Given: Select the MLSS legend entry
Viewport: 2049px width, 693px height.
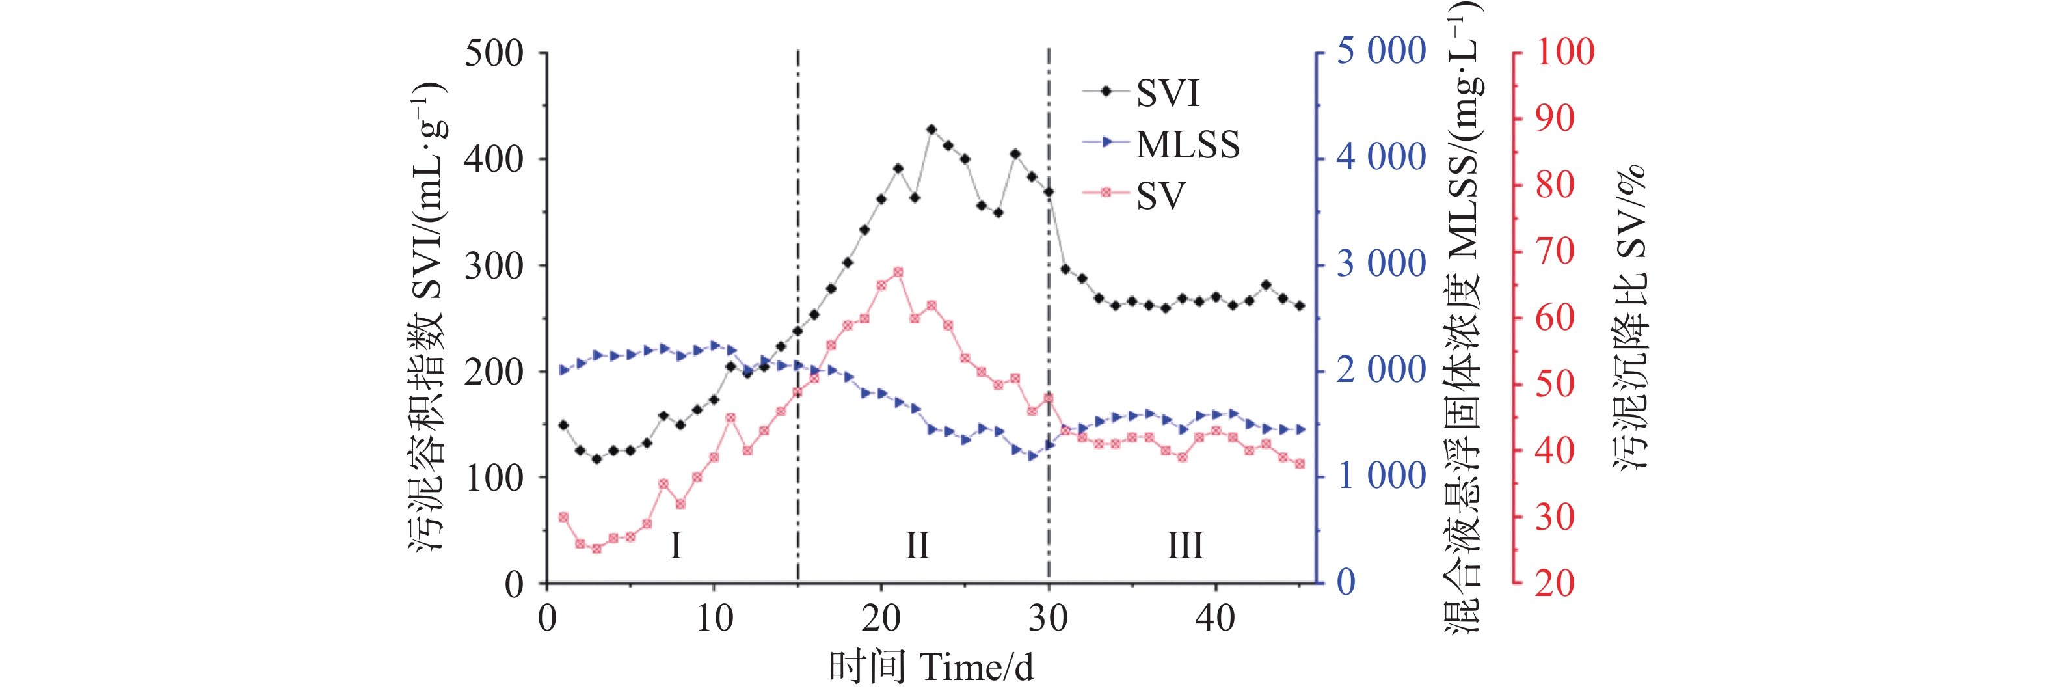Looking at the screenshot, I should tap(1186, 144).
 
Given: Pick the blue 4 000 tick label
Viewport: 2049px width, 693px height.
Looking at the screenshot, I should tap(1381, 157).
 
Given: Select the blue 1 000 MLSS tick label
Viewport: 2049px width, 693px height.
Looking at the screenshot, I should tap(1381, 476).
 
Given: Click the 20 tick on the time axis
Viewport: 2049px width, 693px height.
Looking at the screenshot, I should tap(881, 618).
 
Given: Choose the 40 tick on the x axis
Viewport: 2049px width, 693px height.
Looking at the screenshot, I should tap(1214, 618).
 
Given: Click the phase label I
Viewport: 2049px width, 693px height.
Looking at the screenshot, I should tap(675, 546).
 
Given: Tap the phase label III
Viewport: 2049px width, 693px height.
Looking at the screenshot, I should tap(1185, 546).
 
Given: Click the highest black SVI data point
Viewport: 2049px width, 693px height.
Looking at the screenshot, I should tap(931, 129).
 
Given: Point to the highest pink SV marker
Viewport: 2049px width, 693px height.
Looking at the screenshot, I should tap(898, 272).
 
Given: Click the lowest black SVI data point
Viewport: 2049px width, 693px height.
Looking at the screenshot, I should tap(596, 459).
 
